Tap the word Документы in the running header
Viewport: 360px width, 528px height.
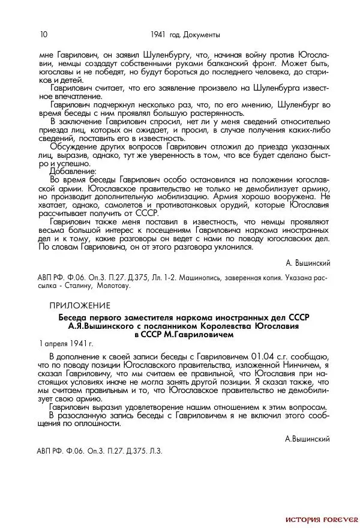(202, 34)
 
